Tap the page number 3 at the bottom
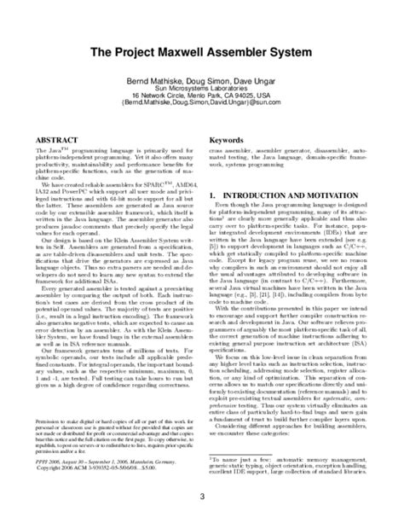(202, 497)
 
